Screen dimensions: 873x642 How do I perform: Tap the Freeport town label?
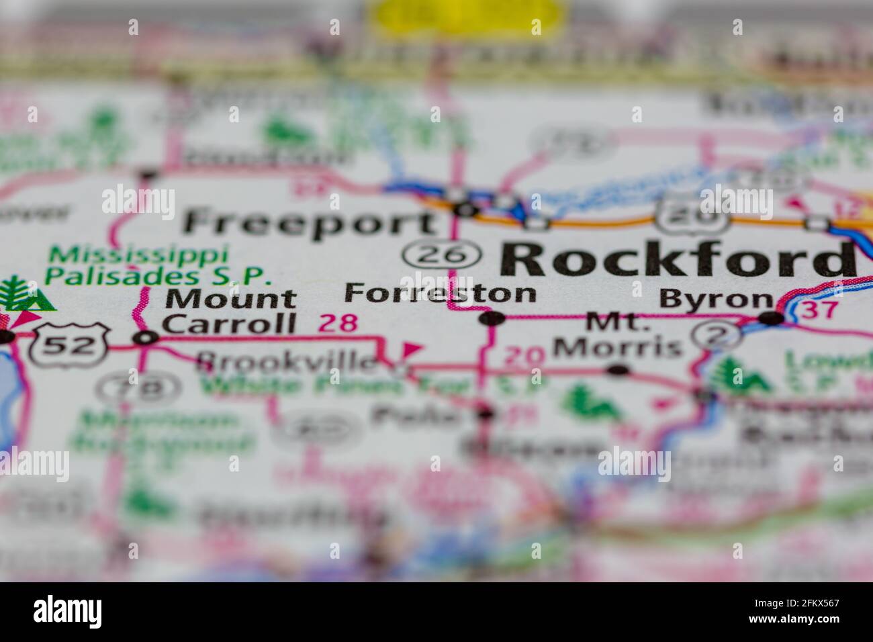[310, 222]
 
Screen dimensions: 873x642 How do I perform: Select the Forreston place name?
[441, 293]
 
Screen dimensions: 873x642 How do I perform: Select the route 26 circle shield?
[443, 255]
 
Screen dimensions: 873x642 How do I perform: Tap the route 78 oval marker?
[138, 387]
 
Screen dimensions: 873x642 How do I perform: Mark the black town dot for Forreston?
[492, 318]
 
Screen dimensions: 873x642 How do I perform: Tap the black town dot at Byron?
[773, 318]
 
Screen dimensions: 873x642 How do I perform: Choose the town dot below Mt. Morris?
[617, 369]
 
